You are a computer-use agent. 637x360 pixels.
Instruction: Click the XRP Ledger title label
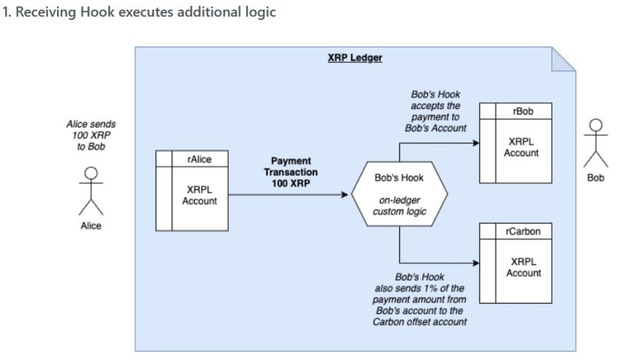point(355,58)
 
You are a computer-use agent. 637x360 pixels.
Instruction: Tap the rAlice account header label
point(199,159)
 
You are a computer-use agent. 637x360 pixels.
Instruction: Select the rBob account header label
point(523,111)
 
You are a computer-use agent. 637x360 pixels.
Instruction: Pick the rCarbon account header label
point(523,231)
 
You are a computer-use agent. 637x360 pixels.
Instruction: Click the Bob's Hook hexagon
point(399,195)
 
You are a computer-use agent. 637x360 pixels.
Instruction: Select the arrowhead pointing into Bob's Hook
point(344,195)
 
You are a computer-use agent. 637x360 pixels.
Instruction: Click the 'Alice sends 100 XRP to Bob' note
point(91,136)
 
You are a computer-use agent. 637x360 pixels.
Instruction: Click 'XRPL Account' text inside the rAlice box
point(199,195)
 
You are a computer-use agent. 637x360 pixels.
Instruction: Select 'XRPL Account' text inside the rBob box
point(521,147)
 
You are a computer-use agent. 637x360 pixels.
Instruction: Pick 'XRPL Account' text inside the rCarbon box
point(523,267)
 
